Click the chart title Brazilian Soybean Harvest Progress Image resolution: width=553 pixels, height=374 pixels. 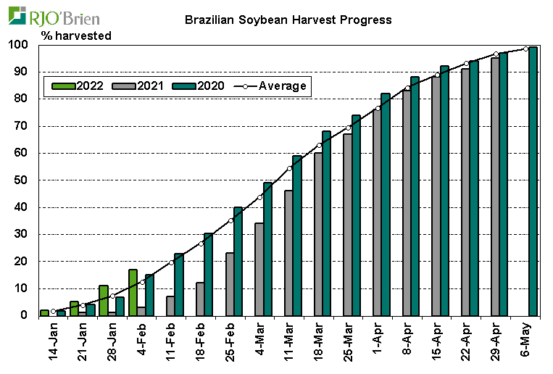click(x=288, y=20)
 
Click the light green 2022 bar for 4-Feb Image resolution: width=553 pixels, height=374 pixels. click(x=133, y=292)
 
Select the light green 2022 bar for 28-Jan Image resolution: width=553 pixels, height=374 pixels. click(x=104, y=300)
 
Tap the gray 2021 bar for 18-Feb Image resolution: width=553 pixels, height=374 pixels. click(x=200, y=299)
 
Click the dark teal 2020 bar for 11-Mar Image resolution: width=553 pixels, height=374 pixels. click(x=297, y=236)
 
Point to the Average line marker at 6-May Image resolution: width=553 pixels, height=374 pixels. click(x=525, y=49)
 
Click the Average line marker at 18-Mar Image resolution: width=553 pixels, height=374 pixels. click(x=320, y=145)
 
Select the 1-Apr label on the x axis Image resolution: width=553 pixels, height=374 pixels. click(x=378, y=337)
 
